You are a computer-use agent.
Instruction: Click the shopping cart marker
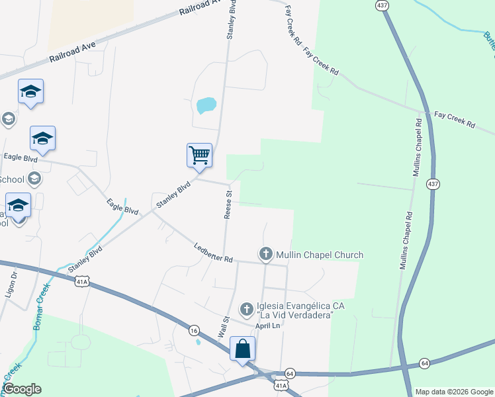click(x=199, y=155)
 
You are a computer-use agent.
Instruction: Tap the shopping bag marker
click(x=242, y=349)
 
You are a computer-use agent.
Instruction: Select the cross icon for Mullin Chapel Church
click(x=265, y=254)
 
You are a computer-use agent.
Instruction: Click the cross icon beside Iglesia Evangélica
click(x=246, y=309)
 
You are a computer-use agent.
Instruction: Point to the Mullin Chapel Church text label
click(x=320, y=255)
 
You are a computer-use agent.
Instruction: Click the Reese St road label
click(x=228, y=206)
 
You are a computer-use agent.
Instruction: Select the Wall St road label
click(x=224, y=328)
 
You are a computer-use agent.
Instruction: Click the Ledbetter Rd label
click(x=213, y=254)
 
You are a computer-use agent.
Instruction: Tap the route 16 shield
click(x=194, y=330)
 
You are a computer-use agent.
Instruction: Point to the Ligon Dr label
click(x=11, y=283)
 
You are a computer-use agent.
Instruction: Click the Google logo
click(x=22, y=389)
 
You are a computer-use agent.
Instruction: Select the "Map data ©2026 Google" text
click(x=453, y=392)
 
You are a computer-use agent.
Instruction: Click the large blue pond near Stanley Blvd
click(x=206, y=105)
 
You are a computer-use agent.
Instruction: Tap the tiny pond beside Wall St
click(x=198, y=342)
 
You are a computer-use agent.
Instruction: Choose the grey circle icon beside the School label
click(x=34, y=179)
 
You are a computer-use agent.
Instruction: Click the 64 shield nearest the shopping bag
click(x=290, y=374)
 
